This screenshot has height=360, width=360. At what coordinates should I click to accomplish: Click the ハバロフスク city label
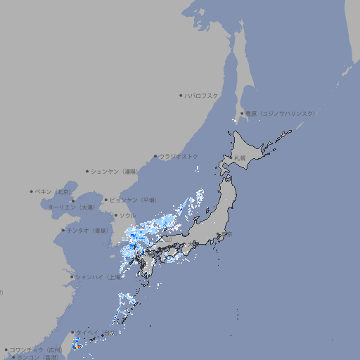(x=202, y=95)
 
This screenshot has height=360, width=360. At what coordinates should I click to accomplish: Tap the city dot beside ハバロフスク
(x=181, y=95)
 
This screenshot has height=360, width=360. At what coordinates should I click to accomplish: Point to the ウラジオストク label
(x=179, y=156)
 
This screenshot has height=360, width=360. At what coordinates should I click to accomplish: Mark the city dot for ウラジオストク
(x=155, y=156)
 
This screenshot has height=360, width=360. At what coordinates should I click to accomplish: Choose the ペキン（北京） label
(x=53, y=191)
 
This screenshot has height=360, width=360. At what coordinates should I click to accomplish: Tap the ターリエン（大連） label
(x=71, y=207)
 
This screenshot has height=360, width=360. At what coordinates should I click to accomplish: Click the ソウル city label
(x=127, y=215)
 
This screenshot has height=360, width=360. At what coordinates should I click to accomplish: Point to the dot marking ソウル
(x=115, y=215)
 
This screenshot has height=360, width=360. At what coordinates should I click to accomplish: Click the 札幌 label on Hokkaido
(x=240, y=157)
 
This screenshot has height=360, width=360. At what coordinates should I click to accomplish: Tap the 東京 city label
(x=226, y=235)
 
